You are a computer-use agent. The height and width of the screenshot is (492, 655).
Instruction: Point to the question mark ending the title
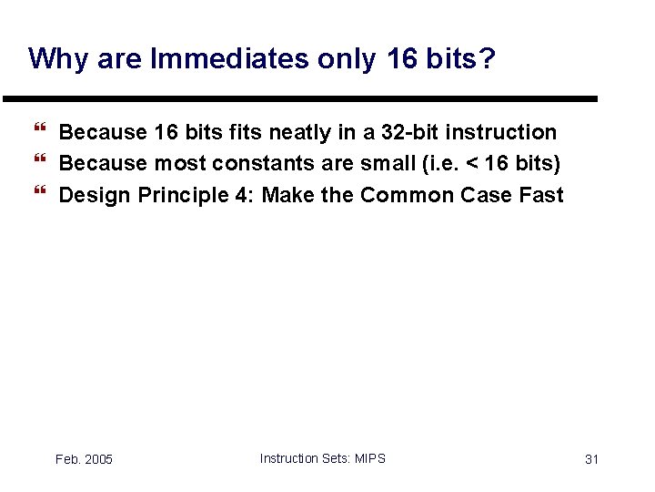click(x=488, y=58)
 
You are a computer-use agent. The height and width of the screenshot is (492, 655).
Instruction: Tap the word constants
click(x=262, y=164)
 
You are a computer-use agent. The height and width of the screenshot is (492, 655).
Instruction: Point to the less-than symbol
click(x=472, y=164)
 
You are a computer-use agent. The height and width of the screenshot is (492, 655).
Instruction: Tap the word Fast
click(x=541, y=195)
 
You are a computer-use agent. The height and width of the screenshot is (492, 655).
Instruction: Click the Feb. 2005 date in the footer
click(x=84, y=459)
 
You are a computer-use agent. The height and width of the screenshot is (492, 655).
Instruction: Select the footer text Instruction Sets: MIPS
click(x=322, y=458)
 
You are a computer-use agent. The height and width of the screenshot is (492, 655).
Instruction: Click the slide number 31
click(x=591, y=459)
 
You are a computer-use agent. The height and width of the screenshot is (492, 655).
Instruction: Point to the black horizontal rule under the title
click(x=300, y=98)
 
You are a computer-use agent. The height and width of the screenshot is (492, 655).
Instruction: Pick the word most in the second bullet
click(x=180, y=164)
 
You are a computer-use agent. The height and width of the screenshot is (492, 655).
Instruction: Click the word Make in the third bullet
click(x=287, y=195)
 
